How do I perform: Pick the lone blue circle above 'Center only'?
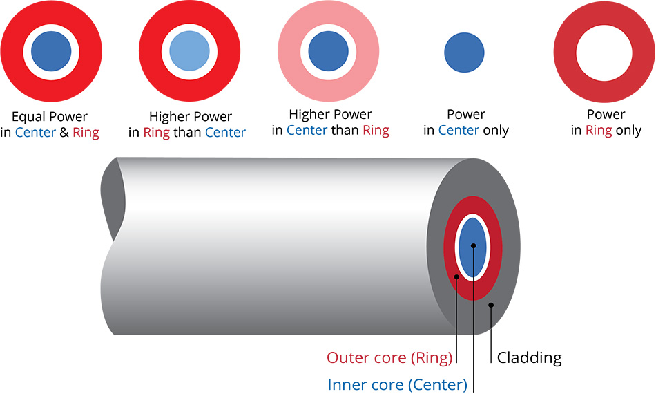(464, 52)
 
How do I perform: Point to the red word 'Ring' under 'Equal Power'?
(86, 132)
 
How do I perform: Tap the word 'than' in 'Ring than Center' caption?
(186, 132)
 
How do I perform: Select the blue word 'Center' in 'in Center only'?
(459, 130)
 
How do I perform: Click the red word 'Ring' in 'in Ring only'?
(599, 130)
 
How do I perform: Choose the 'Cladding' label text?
(529, 357)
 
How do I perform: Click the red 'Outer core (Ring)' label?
(389, 357)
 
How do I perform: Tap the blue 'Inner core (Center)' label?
(397, 384)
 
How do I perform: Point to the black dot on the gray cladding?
(491, 304)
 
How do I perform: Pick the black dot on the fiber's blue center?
(473, 245)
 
